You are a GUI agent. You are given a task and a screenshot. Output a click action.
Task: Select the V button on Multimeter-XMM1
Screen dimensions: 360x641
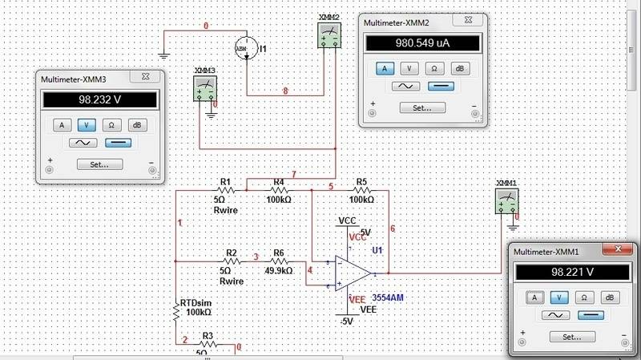[x=560, y=297]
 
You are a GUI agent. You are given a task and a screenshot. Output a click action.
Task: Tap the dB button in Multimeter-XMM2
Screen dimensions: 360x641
[x=459, y=69]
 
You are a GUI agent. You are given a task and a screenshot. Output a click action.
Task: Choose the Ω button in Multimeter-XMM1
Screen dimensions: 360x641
[x=584, y=297]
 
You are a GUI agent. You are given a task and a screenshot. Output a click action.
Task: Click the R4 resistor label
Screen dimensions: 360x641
[x=279, y=182]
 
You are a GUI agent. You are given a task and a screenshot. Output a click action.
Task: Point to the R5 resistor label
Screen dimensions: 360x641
[x=361, y=182]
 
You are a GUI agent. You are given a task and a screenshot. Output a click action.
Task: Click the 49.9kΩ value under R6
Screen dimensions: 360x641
[x=279, y=271]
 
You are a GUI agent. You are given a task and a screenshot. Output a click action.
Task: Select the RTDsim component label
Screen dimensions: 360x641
[x=196, y=302]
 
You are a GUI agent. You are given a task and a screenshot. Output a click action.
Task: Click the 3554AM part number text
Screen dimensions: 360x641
[x=388, y=298]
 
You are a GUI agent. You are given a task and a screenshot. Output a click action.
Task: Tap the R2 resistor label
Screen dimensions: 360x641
[x=232, y=253]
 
